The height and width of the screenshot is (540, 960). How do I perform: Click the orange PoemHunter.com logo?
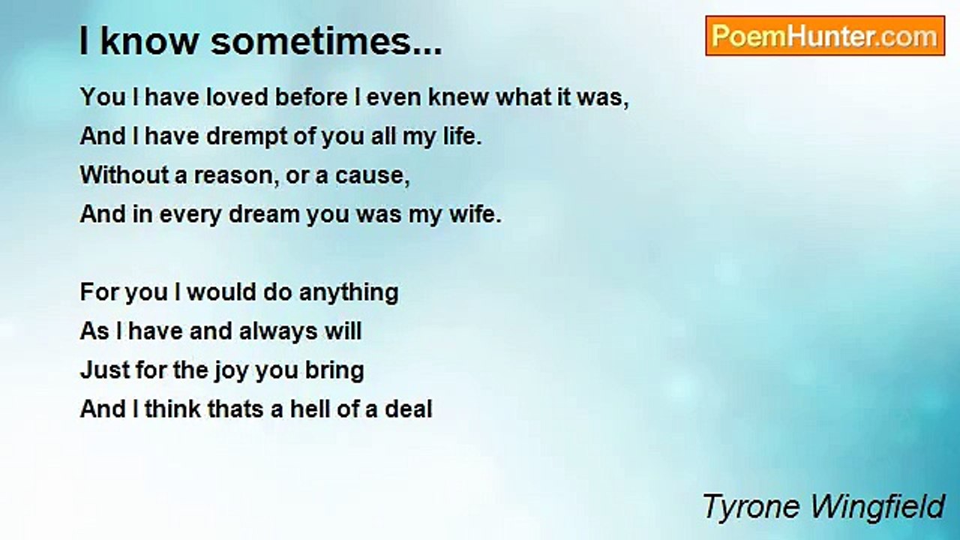click(x=825, y=35)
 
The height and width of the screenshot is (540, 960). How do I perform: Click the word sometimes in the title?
click(x=326, y=41)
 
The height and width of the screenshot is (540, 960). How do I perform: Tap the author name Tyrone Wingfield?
click(x=823, y=507)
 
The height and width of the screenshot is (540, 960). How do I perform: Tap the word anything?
click(x=349, y=292)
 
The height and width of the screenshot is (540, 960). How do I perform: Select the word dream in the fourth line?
click(x=264, y=214)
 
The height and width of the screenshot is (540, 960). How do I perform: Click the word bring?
click(x=334, y=371)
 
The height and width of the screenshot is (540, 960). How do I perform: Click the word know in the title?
click(x=149, y=41)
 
